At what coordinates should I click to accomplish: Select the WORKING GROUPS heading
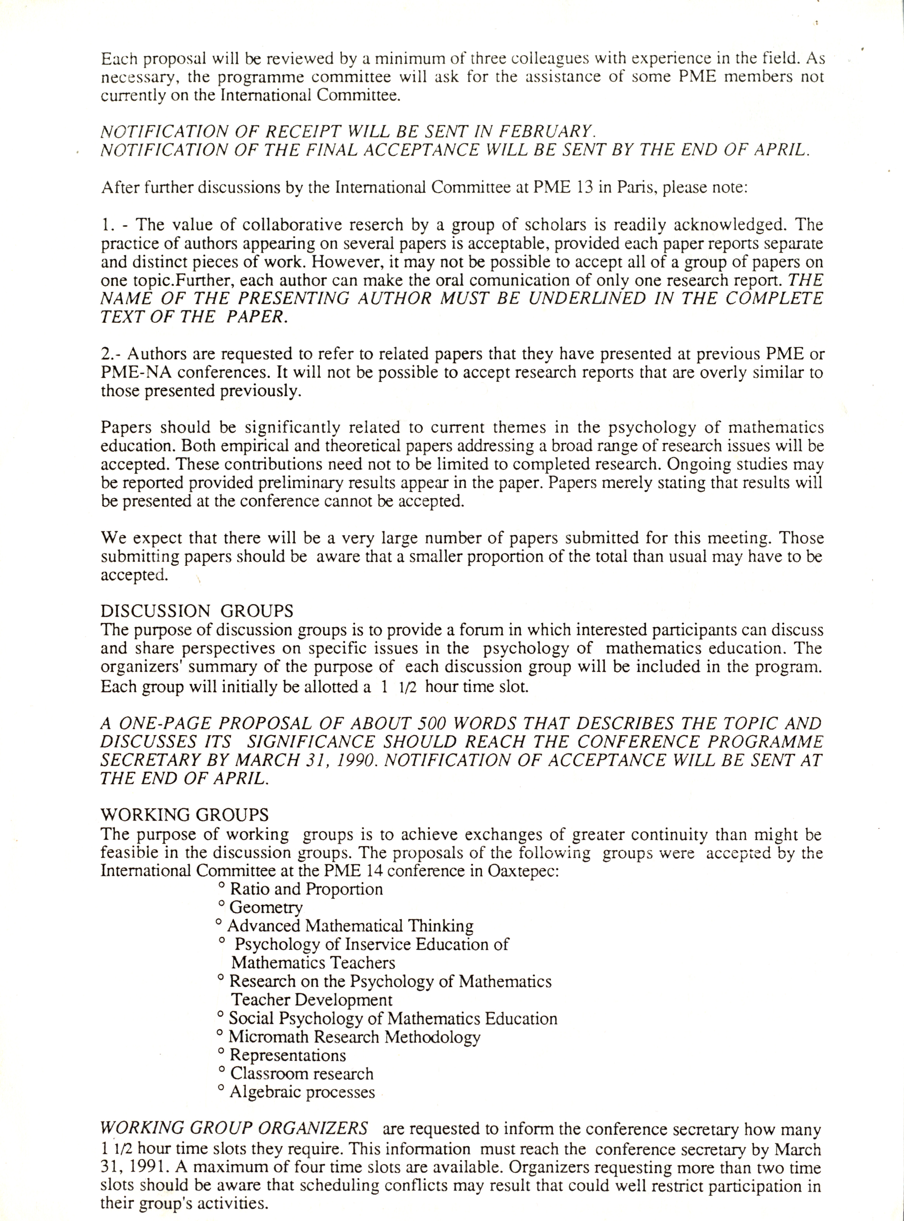click(184, 815)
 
